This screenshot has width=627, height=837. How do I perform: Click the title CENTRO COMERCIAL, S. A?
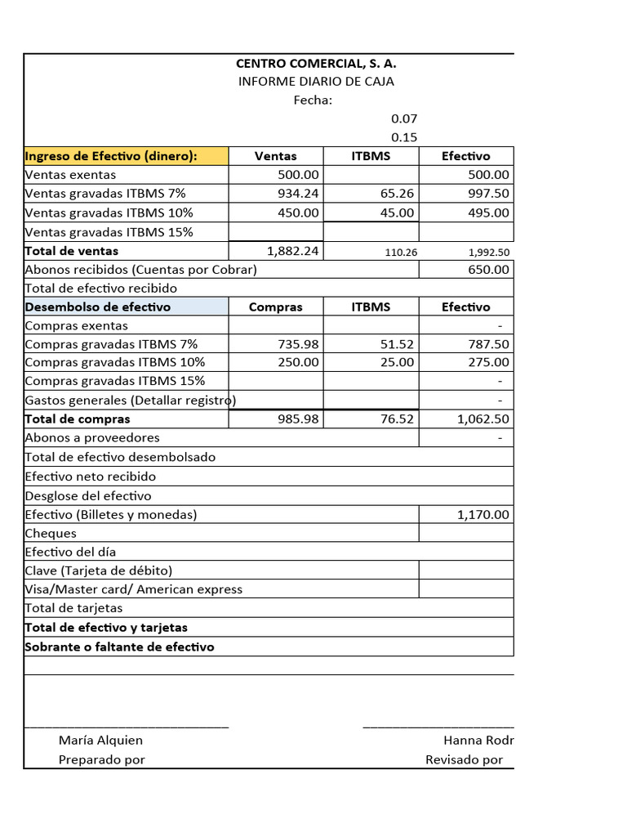316,63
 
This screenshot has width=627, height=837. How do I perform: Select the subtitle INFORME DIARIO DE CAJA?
316,81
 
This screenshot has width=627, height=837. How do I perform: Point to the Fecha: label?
313,100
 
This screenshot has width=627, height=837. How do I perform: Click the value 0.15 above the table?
403,137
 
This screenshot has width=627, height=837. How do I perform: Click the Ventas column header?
276,155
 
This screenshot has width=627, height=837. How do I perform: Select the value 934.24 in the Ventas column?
299,194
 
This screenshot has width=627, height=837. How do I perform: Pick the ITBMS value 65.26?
398,194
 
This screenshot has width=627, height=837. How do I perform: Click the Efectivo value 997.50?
489,194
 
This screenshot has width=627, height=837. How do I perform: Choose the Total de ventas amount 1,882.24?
292,251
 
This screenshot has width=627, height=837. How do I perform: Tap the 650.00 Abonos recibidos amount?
489,270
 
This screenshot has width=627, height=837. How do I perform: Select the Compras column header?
275,307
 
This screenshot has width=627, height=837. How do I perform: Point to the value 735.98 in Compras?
299,344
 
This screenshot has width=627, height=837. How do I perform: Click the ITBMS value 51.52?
398,344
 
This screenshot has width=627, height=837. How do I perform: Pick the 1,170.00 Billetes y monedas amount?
483,514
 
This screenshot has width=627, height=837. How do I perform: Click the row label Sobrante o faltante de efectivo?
120,647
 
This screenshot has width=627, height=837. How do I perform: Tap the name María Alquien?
100,741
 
